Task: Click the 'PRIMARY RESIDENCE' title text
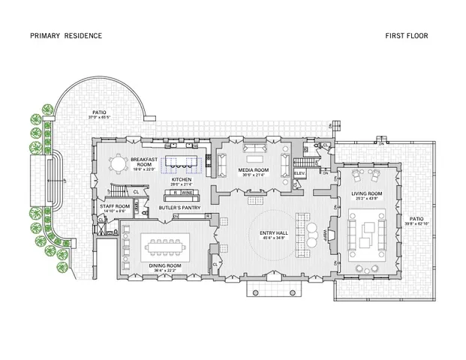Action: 66,35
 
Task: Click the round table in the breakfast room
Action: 118,163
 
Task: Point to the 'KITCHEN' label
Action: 182,180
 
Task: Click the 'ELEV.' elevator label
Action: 299,174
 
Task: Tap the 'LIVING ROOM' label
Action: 367,193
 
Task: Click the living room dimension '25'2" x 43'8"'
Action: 367,199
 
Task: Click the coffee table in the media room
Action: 251,159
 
